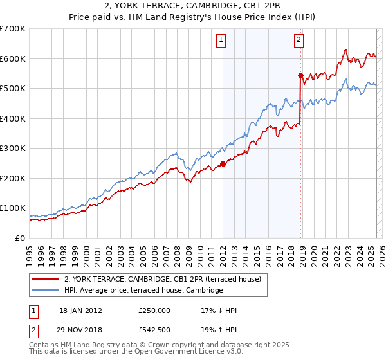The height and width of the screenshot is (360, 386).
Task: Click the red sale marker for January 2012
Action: coord(223,163)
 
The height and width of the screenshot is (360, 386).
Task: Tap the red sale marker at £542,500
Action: coord(300,76)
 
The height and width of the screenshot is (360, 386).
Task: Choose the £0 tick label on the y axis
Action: coord(21,238)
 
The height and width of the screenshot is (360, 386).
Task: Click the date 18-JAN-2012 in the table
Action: coord(80,310)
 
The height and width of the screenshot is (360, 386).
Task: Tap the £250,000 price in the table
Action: coord(154,310)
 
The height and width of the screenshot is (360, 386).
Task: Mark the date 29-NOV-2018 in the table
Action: coord(80,330)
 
